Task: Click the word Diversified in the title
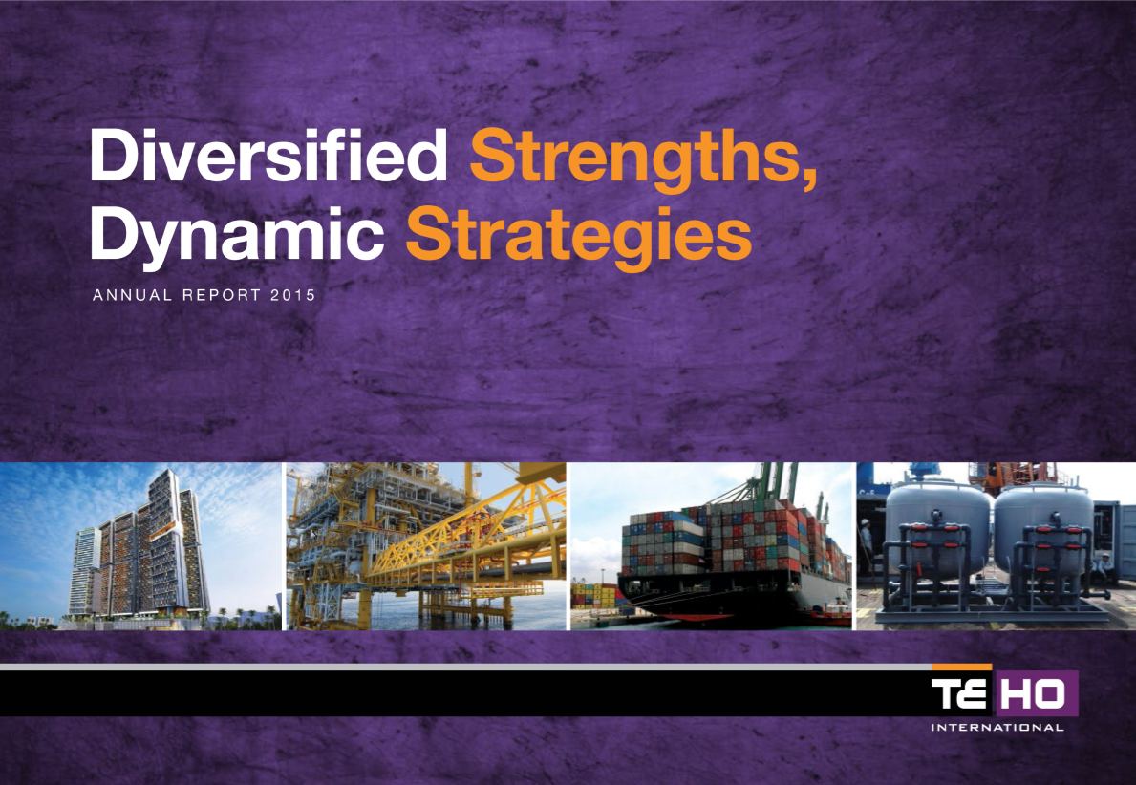click(x=268, y=155)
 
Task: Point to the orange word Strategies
click(x=578, y=236)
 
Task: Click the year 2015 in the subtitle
click(x=292, y=295)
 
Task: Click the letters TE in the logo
click(x=958, y=693)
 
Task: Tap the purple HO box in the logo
click(x=1036, y=693)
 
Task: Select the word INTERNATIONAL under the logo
click(x=997, y=727)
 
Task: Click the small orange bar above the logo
click(x=962, y=667)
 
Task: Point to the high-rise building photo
click(x=139, y=546)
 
